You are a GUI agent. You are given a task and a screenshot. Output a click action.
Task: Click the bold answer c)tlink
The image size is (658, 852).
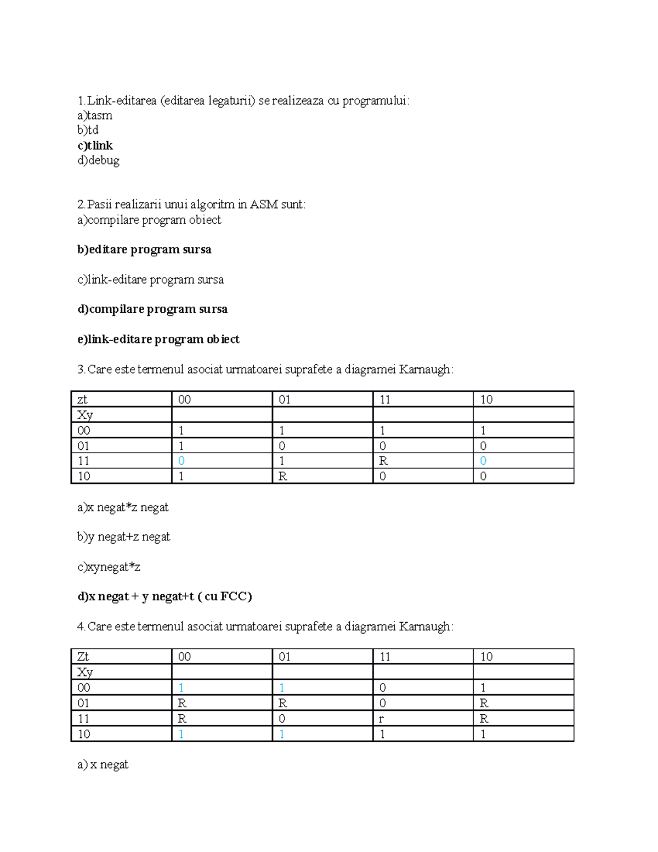pos(95,145)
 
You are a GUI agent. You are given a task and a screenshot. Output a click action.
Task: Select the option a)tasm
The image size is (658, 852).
pos(95,115)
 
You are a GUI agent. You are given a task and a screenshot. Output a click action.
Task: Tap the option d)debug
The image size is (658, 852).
pos(99,160)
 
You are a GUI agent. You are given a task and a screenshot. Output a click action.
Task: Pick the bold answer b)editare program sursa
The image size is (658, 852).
pos(144,250)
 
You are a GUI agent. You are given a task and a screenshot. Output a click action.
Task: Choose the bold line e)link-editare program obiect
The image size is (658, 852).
pos(158,340)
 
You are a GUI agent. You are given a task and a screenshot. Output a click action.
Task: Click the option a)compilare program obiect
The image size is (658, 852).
pos(149,220)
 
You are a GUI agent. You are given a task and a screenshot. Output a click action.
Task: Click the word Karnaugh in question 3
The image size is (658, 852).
pos(426,370)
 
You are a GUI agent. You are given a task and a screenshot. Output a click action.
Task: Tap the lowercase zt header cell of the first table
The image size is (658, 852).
pos(82,399)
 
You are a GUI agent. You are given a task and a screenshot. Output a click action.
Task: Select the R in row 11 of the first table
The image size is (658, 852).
pos(383,461)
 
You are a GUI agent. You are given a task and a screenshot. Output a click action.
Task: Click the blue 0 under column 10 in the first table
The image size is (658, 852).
pos(483,461)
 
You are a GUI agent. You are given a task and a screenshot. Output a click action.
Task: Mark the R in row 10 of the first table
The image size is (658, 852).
pos(282,476)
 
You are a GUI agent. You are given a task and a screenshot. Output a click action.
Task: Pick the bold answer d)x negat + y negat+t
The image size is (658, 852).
pos(164,596)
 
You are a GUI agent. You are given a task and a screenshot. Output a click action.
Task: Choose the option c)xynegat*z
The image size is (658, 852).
pos(109,567)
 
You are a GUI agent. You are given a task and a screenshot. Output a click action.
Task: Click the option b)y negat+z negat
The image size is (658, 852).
pos(124,537)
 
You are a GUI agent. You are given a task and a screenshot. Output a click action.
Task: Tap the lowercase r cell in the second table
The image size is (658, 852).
pos(382,719)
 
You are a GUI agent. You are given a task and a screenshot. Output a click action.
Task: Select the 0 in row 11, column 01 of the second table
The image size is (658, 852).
pos(282,719)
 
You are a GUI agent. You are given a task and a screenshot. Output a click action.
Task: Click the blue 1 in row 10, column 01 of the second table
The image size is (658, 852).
pos(282,734)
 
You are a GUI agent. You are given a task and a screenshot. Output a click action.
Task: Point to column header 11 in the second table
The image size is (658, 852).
pos(385,657)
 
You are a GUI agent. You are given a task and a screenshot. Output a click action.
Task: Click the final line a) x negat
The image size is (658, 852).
pos(103,764)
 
